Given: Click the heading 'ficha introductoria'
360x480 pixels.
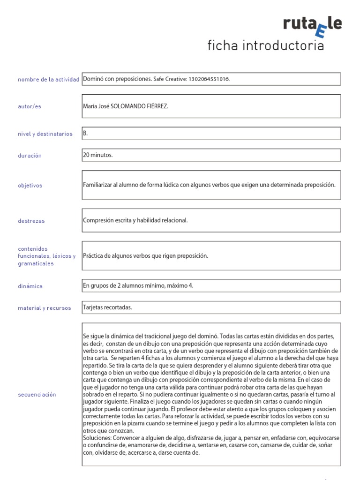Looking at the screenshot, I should pyautogui.click(x=265, y=46).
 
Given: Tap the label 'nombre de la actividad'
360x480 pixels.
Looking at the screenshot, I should pyautogui.click(x=48, y=80).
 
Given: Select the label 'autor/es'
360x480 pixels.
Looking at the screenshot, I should pyautogui.click(x=30, y=106).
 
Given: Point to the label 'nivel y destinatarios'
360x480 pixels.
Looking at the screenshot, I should pyautogui.click(x=45, y=134).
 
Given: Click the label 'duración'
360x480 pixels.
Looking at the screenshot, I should pyautogui.click(x=30, y=156).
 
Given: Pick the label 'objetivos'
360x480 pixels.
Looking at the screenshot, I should pyautogui.click(x=30, y=185).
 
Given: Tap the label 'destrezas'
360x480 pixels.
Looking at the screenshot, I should pyautogui.click(x=31, y=221).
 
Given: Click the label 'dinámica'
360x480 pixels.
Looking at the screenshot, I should pyautogui.click(x=30, y=286).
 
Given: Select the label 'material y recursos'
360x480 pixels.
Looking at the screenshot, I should pyautogui.click(x=45, y=308).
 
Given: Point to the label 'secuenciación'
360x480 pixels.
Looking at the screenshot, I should pyautogui.click(x=37, y=395).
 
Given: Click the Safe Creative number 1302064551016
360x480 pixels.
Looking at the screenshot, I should pyautogui.click(x=209, y=79).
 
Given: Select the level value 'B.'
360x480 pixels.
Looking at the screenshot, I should pyautogui.click(x=85, y=133).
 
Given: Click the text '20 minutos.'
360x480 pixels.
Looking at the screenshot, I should pyautogui.click(x=97, y=155).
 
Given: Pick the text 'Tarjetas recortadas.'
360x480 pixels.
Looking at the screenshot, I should pyautogui.click(x=107, y=307).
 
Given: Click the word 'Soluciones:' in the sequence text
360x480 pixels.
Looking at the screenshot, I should pyautogui.click(x=97, y=438).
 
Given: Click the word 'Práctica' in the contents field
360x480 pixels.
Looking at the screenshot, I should pyautogui.click(x=93, y=256).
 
